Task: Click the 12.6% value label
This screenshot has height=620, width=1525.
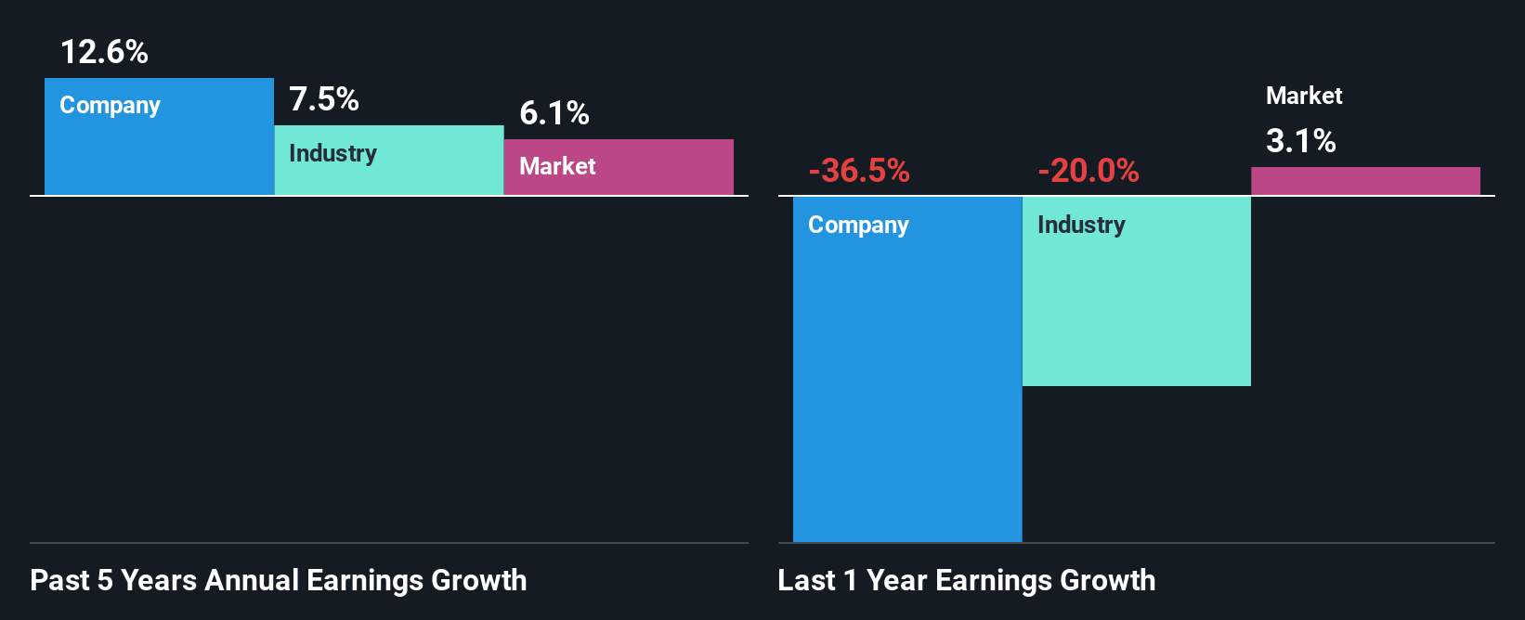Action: coord(104,52)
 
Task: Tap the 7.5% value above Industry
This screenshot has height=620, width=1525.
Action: coord(324,99)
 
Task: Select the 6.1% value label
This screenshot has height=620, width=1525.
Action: coord(554,113)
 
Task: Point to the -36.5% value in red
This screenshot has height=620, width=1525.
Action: coord(859,171)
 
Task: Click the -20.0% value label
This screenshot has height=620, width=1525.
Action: coord(1088,171)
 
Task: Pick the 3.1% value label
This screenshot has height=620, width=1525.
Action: coord(1301,141)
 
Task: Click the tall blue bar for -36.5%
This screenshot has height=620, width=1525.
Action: coord(907,390)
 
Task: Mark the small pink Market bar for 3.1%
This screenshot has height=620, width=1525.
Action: coord(1365,181)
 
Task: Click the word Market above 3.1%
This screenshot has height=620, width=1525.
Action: coord(1304,96)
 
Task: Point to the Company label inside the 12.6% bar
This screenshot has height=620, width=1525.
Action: coord(110,106)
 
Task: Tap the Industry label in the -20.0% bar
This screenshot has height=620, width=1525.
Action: coord(1081,226)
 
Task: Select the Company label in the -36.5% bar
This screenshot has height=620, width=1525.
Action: coord(858,226)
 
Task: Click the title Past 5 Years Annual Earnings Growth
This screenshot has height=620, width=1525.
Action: coord(279,581)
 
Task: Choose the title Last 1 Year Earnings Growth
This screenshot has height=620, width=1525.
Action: coord(967,581)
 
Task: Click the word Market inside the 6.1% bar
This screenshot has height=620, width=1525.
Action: coord(557,166)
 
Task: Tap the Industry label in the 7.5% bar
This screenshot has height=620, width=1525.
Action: coord(332,153)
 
